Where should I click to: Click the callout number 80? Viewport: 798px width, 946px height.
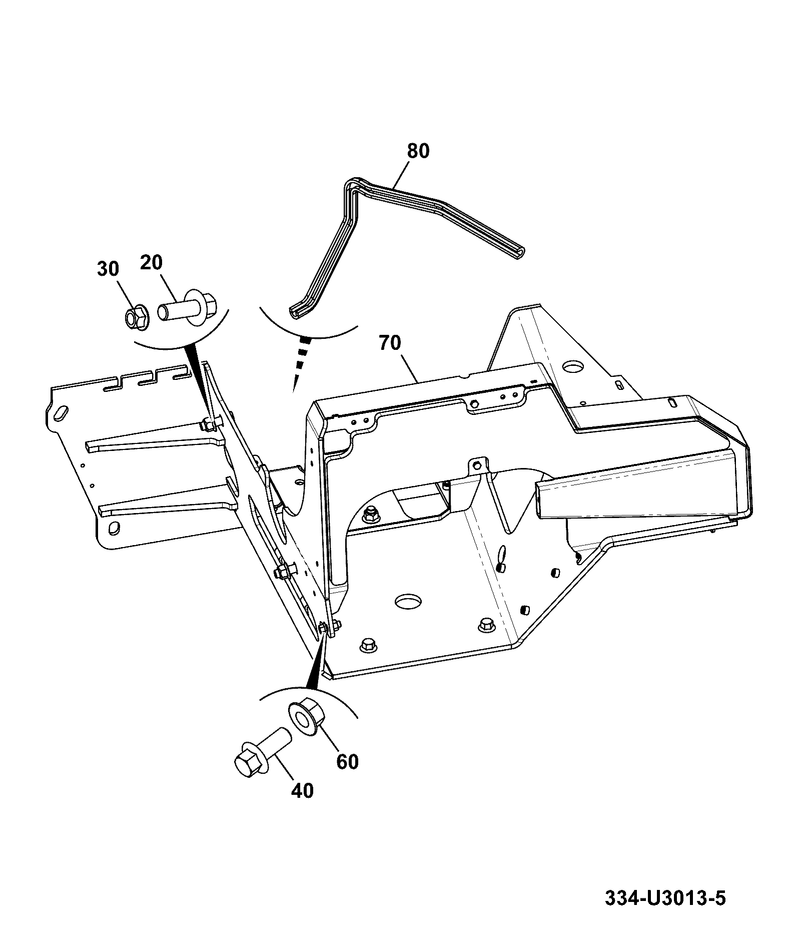click(418, 151)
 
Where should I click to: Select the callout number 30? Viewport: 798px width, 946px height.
click(108, 269)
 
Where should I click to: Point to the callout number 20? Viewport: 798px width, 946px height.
click(151, 262)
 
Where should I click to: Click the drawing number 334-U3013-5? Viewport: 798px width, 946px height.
click(665, 897)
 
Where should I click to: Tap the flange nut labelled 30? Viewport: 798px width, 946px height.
click(136, 317)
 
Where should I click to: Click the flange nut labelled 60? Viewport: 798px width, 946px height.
click(306, 718)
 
